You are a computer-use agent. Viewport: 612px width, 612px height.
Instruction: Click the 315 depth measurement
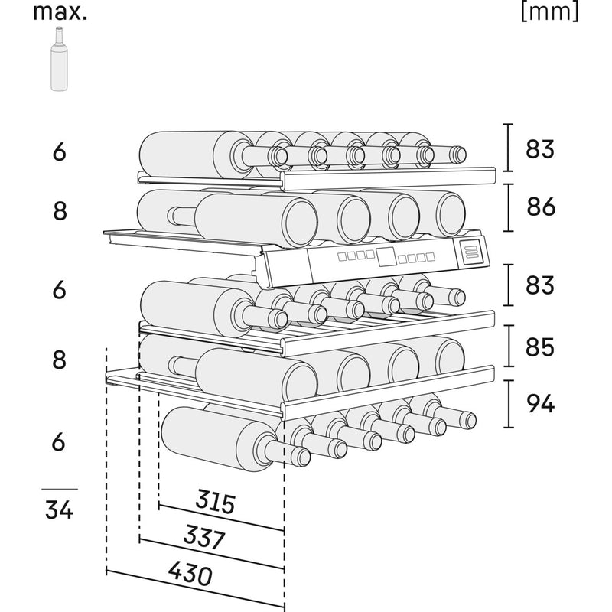click(215, 503)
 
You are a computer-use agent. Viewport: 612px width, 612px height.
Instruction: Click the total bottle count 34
click(59, 509)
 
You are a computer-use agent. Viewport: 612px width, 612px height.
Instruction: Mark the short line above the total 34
click(59, 489)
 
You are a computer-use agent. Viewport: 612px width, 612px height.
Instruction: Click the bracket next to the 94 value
click(508, 403)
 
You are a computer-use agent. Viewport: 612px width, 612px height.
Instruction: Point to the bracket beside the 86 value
click(508, 208)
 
